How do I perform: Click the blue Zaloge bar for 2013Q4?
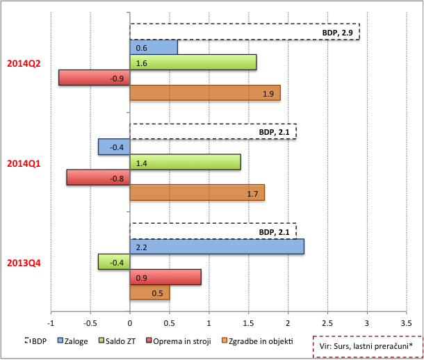click(217, 247)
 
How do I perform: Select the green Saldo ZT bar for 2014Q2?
click(193, 63)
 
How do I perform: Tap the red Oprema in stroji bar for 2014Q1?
click(98, 177)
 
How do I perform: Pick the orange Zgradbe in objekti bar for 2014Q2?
click(205, 93)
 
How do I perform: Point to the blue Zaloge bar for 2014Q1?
click(114, 147)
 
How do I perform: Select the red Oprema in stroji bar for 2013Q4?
click(165, 277)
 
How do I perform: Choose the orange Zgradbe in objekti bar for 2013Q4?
click(149, 293)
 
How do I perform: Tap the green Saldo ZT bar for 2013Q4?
click(114, 262)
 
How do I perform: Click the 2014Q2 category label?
click(24, 63)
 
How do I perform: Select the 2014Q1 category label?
click(24, 163)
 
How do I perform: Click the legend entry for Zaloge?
click(73, 341)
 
